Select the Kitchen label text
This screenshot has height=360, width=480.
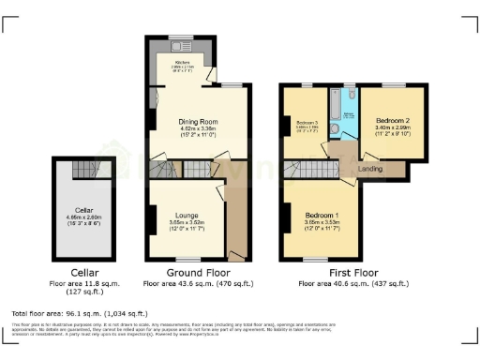pyautogui.click(x=182, y=63)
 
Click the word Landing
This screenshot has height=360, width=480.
pyautogui.click(x=374, y=169)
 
